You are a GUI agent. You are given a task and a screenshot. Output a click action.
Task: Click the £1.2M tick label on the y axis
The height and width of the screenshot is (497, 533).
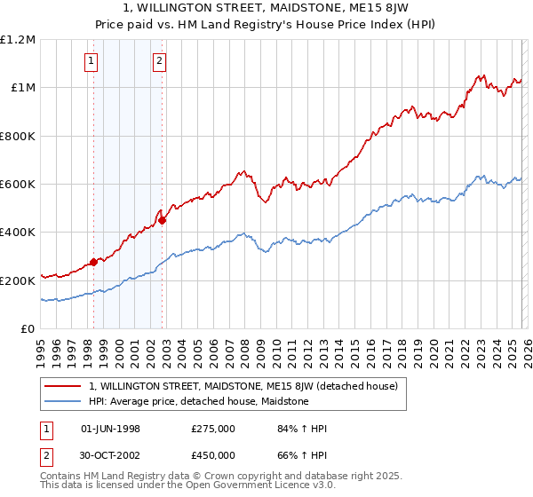click(x=18, y=40)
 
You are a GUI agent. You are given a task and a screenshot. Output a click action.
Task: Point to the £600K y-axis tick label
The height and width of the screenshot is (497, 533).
click(x=18, y=185)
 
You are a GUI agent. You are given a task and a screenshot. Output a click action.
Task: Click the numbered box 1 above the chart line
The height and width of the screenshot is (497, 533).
click(x=92, y=61)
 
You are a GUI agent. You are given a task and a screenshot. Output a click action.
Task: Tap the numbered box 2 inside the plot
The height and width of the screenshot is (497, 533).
click(x=159, y=61)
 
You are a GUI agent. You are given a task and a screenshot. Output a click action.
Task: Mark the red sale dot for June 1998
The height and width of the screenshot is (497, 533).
click(x=93, y=263)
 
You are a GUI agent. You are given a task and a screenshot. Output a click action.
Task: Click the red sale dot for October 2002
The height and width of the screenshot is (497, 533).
click(x=163, y=220)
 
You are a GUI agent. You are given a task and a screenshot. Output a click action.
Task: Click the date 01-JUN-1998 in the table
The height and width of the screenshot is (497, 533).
click(x=110, y=429)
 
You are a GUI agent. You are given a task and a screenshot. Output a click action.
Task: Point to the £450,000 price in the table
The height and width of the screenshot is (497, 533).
click(x=212, y=455)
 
